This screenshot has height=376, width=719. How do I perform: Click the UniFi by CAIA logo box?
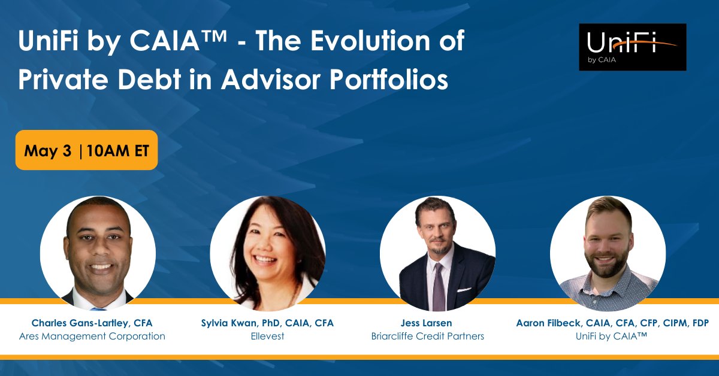(x=632, y=47)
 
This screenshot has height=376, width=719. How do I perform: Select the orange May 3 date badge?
(x=86, y=150)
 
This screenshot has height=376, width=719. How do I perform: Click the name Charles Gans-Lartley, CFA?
(x=92, y=323)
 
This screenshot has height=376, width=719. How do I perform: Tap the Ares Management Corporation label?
(x=92, y=336)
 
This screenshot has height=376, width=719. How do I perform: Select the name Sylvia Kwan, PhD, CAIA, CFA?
(x=267, y=323)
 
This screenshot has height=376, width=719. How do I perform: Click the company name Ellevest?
(x=267, y=336)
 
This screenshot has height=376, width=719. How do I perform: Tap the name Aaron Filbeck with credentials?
(x=612, y=323)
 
